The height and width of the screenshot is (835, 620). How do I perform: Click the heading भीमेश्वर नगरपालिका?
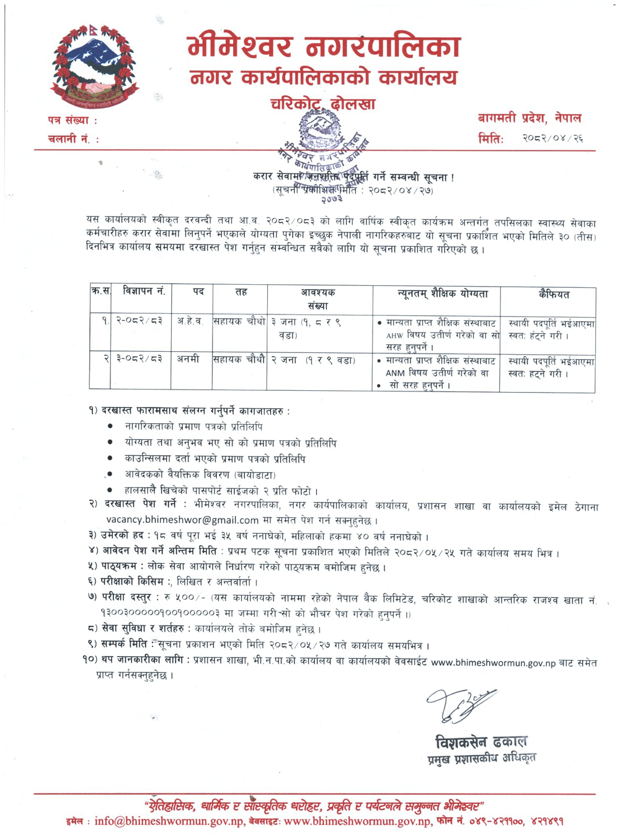point(324,48)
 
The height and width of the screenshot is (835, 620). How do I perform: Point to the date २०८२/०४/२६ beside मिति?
point(552,138)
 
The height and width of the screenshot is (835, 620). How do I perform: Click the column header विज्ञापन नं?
point(144,292)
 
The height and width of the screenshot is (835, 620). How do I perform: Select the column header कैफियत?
point(554,295)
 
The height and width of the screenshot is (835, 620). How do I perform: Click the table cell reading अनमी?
point(188,359)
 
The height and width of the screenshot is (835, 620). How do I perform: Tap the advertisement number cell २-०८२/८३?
point(139,321)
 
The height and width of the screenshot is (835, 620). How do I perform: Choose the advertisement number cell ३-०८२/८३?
point(139,359)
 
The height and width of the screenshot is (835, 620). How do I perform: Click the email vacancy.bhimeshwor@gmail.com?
point(182,520)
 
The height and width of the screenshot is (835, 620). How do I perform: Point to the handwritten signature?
point(459,705)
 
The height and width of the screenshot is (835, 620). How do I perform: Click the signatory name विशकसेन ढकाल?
point(481,741)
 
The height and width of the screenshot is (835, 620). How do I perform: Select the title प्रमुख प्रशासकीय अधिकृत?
point(482,758)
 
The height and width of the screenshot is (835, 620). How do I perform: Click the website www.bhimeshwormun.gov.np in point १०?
point(493,663)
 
